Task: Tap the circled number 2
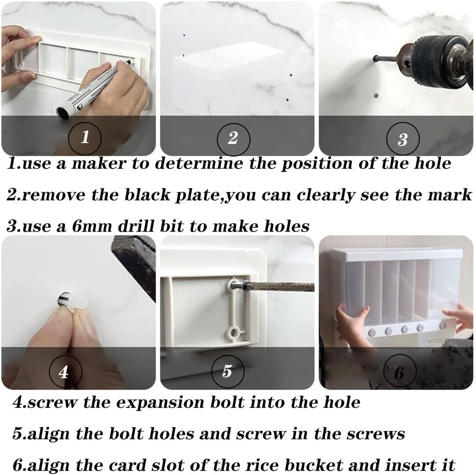coord(233,137)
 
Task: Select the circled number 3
coord(402,139)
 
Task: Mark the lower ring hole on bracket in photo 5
coord(235,332)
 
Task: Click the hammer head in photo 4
coord(134,262)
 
